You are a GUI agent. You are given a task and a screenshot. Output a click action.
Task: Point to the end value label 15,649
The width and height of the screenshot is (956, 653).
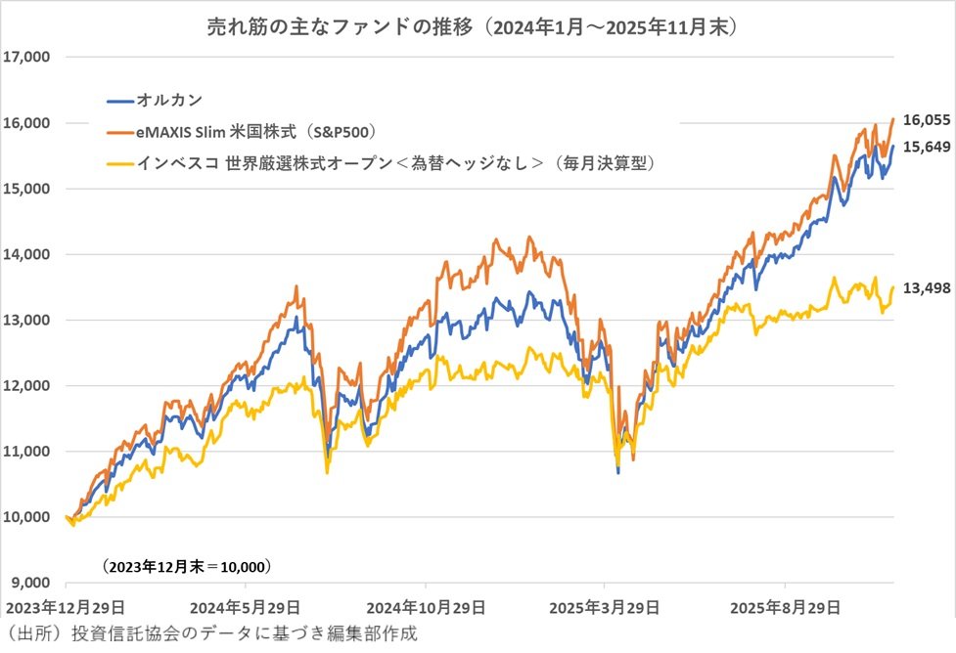[926, 146]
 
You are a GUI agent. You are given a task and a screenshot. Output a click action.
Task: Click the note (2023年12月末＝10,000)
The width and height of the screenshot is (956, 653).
[186, 566]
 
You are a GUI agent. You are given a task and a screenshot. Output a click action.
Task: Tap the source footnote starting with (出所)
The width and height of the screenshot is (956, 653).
[211, 633]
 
